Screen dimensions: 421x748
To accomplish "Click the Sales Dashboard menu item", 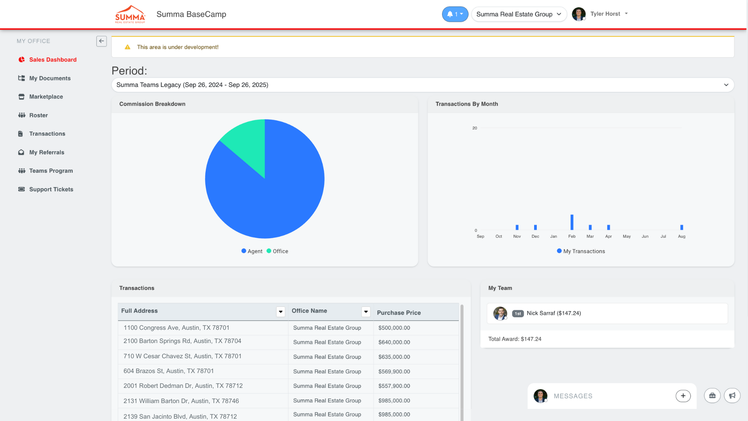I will (53, 60).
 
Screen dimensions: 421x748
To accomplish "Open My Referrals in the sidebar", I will (46, 152).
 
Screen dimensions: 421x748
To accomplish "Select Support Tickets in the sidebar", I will (51, 189).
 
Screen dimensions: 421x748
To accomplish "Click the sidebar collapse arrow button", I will (101, 41).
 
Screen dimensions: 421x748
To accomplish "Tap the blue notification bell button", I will (455, 14).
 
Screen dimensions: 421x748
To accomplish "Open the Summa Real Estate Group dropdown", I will (519, 14).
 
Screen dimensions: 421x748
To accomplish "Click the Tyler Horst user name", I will (605, 14).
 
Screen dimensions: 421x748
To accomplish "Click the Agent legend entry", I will (252, 251).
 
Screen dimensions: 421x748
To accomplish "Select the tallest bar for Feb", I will (572, 222).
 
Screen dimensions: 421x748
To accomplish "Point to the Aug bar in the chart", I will (682, 227).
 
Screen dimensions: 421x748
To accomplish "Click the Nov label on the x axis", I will (517, 237).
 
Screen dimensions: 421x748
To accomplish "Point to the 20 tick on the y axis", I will (475, 128).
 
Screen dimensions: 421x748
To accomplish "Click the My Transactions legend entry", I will (581, 251).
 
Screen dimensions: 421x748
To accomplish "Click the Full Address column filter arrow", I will (280, 311).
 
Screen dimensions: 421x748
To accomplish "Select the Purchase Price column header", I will (399, 313).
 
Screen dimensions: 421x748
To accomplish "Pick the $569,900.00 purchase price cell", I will (394, 371).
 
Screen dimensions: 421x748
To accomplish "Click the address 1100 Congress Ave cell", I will (176, 328).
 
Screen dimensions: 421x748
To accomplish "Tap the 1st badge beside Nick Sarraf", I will (518, 313).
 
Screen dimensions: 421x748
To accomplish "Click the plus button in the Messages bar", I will (683, 396).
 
